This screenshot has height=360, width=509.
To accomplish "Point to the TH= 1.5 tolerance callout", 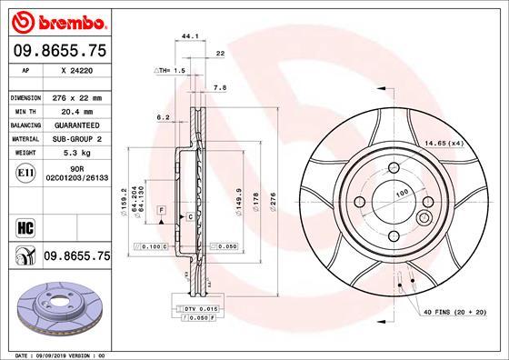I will tap(170, 69).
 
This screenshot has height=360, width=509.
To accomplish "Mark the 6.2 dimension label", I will tap(164, 117).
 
